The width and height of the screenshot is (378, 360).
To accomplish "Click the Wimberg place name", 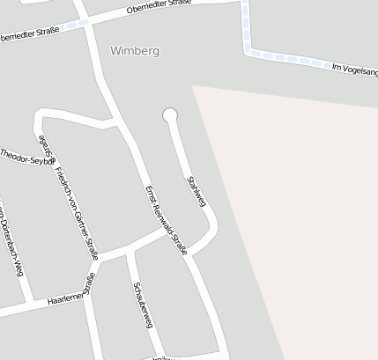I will (135, 51).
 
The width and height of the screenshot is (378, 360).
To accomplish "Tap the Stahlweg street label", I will (196, 191).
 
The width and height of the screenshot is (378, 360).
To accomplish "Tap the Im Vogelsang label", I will (352, 70).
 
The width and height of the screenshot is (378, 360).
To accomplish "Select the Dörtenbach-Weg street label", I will (10, 237).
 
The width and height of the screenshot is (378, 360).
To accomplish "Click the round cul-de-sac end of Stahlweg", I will (170, 114).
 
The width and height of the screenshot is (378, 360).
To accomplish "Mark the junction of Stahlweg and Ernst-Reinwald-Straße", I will (193, 255).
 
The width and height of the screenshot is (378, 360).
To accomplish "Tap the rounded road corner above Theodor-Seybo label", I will (40, 114).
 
